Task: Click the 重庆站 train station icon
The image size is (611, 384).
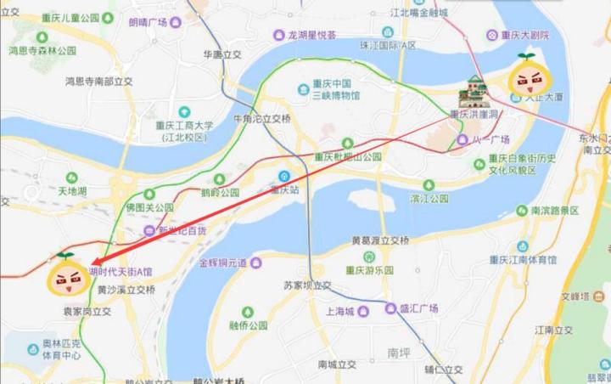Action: pyautogui.click(x=285, y=177)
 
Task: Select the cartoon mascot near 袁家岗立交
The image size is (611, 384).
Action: pyautogui.click(x=68, y=274)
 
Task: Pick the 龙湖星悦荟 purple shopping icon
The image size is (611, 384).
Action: pyautogui.click(x=277, y=35)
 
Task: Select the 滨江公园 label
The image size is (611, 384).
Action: pyautogui.click(x=429, y=199)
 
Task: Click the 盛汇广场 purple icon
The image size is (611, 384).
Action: pyautogui.click(x=390, y=309)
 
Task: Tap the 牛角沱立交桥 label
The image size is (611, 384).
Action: pyautogui.click(x=262, y=119)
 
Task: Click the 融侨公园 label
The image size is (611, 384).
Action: pyautogui.click(x=248, y=325)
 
